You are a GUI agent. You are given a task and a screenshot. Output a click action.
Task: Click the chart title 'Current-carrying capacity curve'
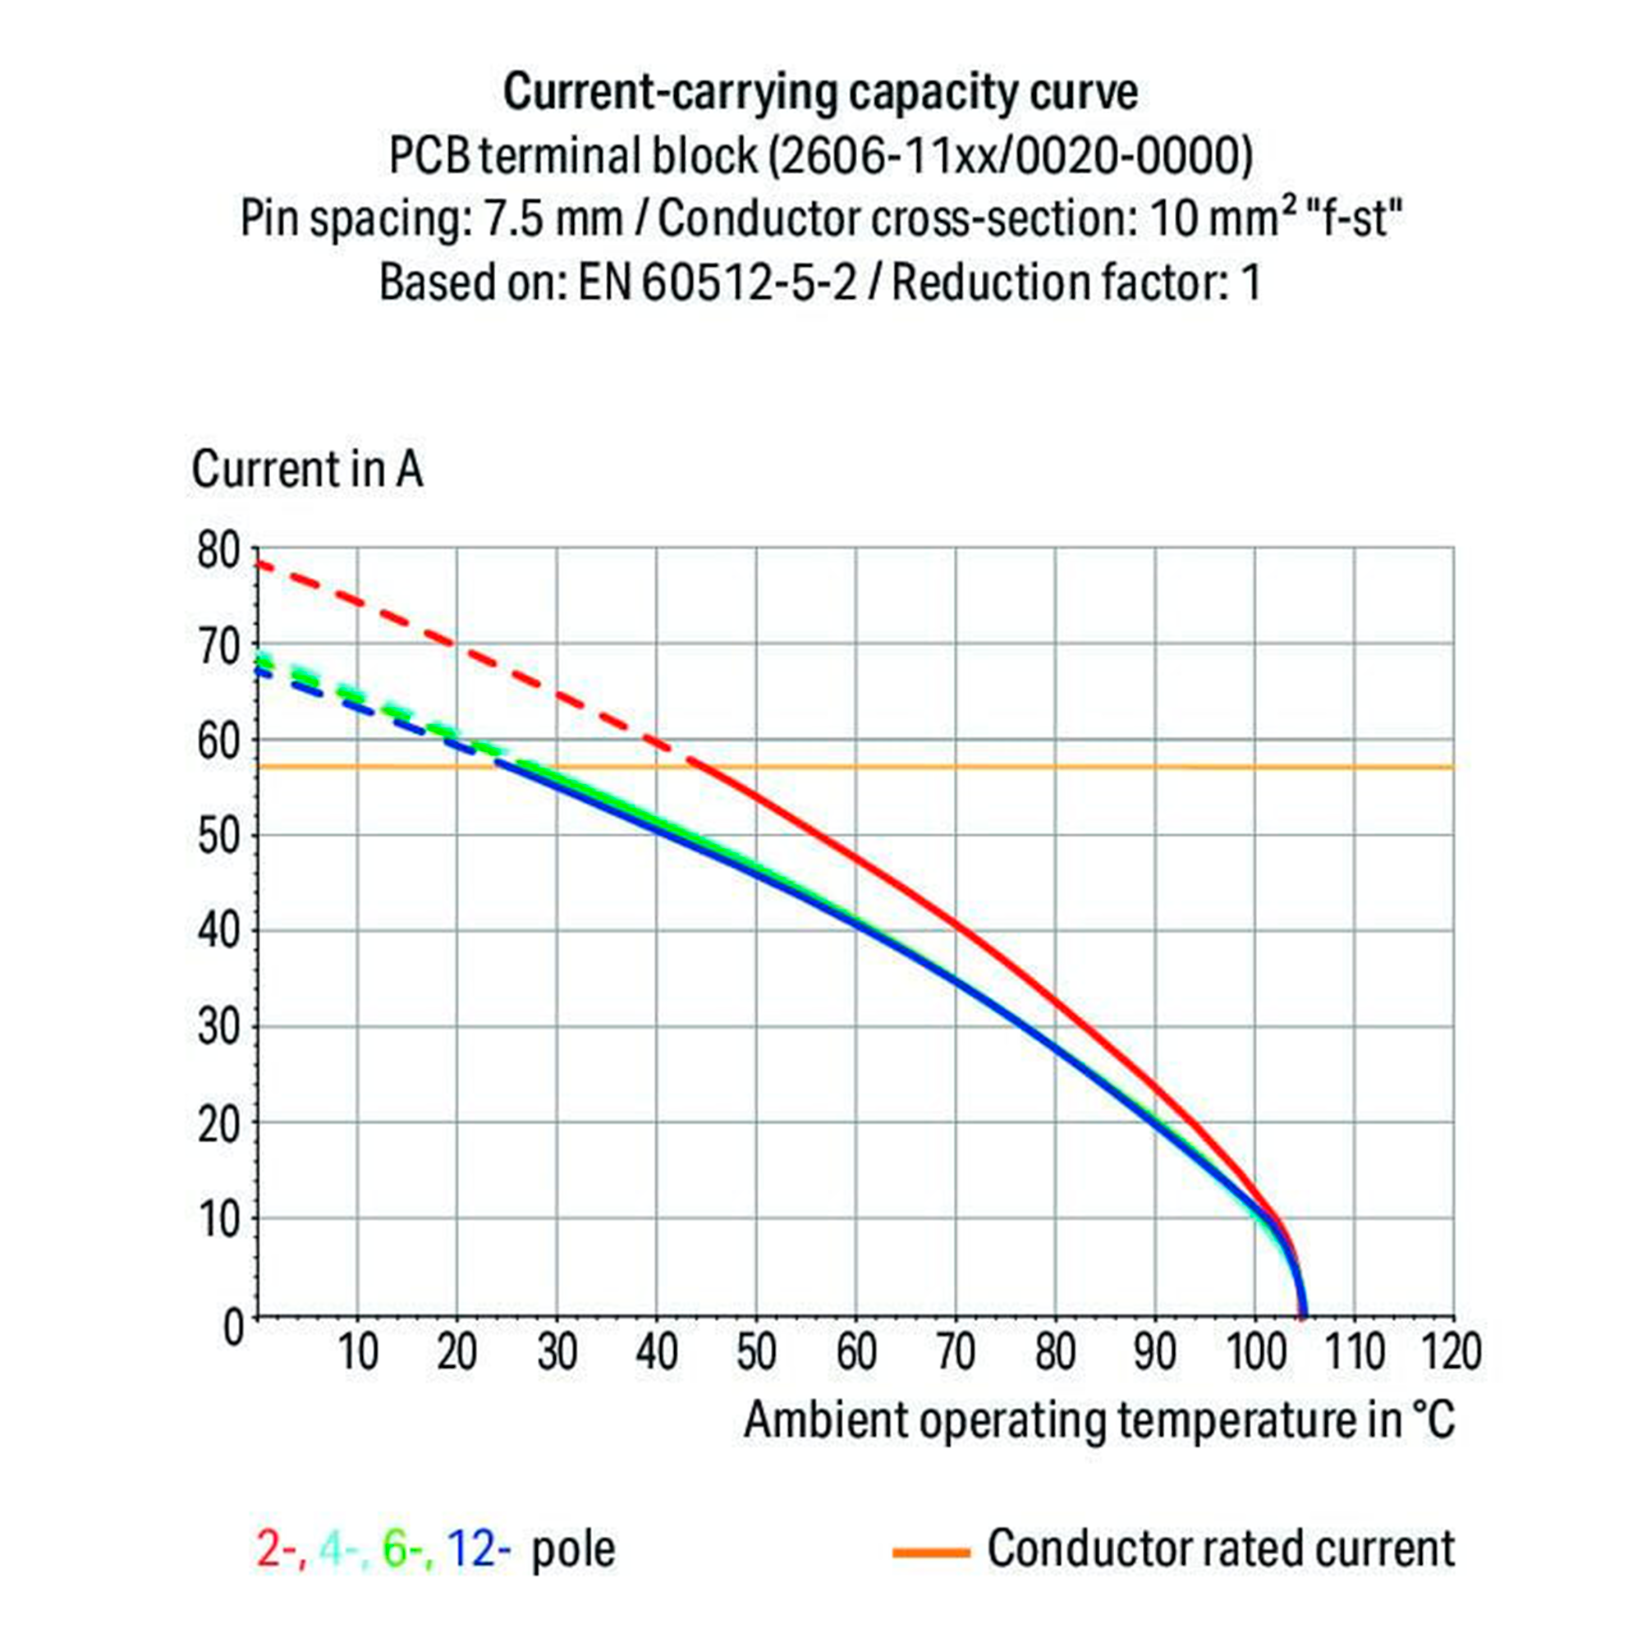click(x=820, y=92)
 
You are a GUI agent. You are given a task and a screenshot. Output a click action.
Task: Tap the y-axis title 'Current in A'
click(x=307, y=469)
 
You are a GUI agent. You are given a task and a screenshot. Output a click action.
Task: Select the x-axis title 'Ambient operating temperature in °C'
click(x=1099, y=1420)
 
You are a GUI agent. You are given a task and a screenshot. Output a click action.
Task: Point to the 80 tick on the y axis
click(x=219, y=551)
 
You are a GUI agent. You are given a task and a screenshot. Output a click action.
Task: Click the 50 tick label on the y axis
click(x=219, y=837)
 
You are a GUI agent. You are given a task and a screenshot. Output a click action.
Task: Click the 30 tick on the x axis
click(x=557, y=1351)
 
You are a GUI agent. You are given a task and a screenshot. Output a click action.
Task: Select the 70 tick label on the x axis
click(x=956, y=1351)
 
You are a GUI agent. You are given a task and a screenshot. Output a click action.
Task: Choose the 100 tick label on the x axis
click(x=1254, y=1351)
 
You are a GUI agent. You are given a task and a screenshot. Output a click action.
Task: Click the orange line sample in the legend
click(x=931, y=1553)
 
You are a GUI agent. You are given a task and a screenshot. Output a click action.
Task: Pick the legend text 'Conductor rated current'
click(x=1221, y=1548)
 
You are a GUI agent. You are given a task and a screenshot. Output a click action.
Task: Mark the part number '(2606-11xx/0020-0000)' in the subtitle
click(x=1011, y=155)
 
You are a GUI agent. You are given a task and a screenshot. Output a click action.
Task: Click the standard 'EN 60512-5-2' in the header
click(x=718, y=282)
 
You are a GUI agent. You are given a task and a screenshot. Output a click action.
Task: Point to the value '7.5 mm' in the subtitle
click(x=553, y=219)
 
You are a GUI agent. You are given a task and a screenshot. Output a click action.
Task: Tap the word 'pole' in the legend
click(x=573, y=1548)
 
